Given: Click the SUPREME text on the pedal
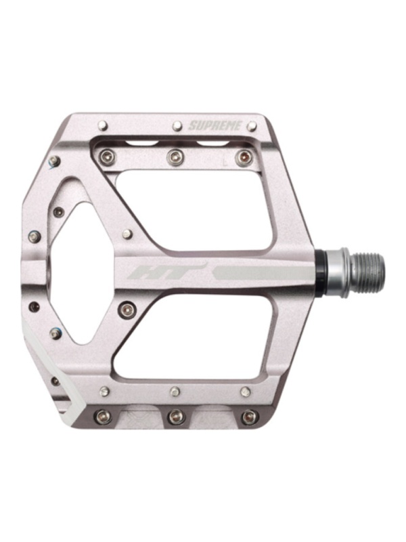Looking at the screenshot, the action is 215,125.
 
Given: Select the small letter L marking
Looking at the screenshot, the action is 225,161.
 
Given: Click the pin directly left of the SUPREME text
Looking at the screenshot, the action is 177,125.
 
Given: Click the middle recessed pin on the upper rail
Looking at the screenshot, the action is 175,157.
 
